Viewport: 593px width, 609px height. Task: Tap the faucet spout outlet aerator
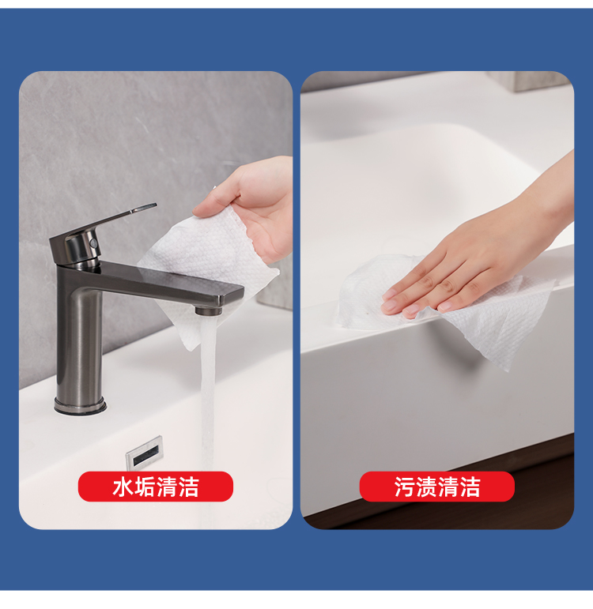click(209, 310)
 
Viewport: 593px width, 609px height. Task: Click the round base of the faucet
click(80, 406)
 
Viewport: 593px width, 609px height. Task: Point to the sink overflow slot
click(144, 453)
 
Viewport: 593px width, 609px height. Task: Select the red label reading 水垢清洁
click(156, 487)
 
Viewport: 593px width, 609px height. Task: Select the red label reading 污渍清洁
click(436, 487)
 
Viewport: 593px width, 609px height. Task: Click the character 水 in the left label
click(123, 487)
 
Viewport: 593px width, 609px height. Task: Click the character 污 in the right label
click(404, 487)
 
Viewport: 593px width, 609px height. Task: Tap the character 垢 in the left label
click(145, 487)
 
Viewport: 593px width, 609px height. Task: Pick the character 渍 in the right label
click(426, 487)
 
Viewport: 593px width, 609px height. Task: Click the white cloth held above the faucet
click(202, 264)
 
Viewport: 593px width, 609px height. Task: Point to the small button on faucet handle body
click(93, 243)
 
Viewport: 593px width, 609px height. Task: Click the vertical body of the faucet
click(79, 342)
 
